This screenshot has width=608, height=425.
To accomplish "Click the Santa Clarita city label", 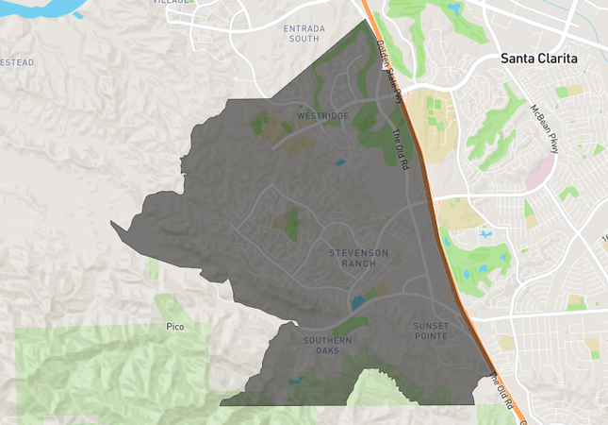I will pyautogui.click(x=539, y=59).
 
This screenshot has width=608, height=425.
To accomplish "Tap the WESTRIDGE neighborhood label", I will pyautogui.click(x=322, y=116).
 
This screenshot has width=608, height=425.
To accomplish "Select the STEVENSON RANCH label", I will pyautogui.click(x=358, y=258).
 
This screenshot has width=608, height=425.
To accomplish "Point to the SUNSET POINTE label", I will pyautogui.click(x=431, y=331).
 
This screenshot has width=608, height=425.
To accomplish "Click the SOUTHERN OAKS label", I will pyautogui.click(x=327, y=345).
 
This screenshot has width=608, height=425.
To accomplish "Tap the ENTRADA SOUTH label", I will pyautogui.click(x=304, y=34).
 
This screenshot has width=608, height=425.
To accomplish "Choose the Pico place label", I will pyautogui.click(x=173, y=327).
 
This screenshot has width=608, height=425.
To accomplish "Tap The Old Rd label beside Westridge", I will pyautogui.click(x=401, y=149).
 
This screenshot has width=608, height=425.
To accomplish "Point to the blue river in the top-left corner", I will pyautogui.click(x=38, y=8).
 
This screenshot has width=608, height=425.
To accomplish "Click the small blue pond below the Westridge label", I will pyautogui.click(x=339, y=162).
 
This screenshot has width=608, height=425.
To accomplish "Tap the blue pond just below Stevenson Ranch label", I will pyautogui.click(x=357, y=303).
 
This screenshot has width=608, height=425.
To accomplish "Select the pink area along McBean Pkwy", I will pyautogui.click(x=540, y=171).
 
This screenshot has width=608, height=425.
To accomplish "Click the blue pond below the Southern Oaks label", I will pyautogui.click(x=295, y=381).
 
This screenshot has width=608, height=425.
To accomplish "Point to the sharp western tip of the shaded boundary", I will pyautogui.click(x=111, y=224).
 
